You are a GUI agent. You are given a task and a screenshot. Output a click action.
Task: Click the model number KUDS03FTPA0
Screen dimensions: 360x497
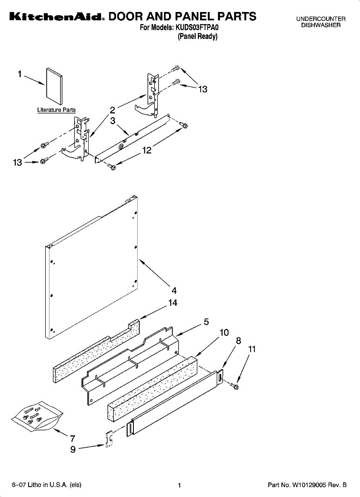[197, 27]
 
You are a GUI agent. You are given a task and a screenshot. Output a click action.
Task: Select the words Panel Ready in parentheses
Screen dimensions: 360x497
[198, 36]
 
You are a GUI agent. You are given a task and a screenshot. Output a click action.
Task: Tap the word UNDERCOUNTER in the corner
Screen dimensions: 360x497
[321, 19]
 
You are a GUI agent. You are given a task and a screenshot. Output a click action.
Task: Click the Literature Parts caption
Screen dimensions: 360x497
[56, 110]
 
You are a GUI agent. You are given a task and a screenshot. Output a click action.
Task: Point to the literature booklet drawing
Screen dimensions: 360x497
[54, 86]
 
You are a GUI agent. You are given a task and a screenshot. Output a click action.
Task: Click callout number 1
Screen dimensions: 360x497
[20, 74]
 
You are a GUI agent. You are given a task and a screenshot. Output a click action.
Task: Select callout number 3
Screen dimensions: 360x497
[113, 121]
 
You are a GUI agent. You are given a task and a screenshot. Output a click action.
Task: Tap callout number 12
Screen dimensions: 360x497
[147, 150]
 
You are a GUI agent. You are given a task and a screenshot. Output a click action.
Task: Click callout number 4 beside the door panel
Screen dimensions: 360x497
[174, 290]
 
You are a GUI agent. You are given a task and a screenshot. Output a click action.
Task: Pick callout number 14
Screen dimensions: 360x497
[173, 303]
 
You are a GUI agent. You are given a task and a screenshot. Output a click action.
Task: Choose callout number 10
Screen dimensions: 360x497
[224, 332]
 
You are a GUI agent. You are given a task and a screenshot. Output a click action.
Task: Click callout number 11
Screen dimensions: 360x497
[252, 349]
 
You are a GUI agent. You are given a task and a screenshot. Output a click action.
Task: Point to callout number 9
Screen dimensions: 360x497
[73, 449]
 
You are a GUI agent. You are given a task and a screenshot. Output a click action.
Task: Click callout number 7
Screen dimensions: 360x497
[72, 439]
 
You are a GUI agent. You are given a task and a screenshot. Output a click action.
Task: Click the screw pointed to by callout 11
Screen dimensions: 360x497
[234, 386]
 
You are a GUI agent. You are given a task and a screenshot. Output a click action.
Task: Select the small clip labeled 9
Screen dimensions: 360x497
[109, 439]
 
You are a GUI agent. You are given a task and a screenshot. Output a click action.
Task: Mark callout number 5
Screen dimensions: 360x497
[206, 322]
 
